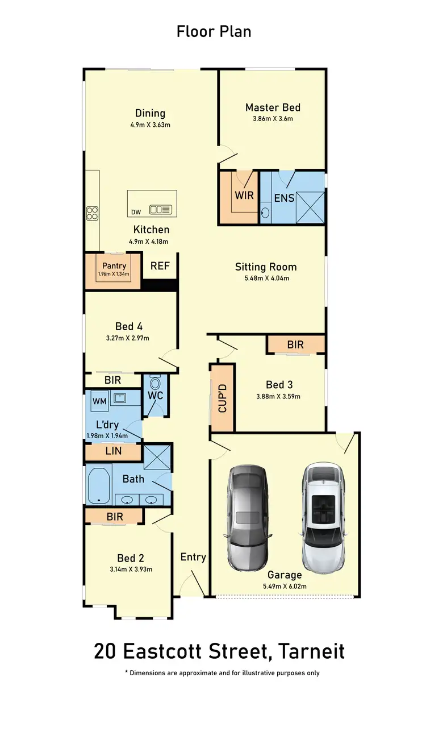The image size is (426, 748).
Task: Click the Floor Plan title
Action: point(214,31)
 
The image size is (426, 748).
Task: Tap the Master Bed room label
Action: point(273,107)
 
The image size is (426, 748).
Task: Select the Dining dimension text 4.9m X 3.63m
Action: point(150,125)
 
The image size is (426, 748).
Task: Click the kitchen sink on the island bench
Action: point(160,210)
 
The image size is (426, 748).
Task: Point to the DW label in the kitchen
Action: point(135,213)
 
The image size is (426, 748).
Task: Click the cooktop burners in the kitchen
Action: point(92,213)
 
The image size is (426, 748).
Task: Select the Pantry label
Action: point(114,265)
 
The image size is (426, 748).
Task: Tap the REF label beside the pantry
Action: point(160,266)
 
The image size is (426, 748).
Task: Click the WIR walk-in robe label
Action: point(244,195)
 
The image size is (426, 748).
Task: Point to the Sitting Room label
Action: point(266,267)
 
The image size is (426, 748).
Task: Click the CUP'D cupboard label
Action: point(222,398)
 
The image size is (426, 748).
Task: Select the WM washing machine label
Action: point(99,401)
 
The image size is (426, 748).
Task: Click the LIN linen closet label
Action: point(113,452)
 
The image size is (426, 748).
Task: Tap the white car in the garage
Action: point(323,517)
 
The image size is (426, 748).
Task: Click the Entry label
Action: point(193,557)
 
